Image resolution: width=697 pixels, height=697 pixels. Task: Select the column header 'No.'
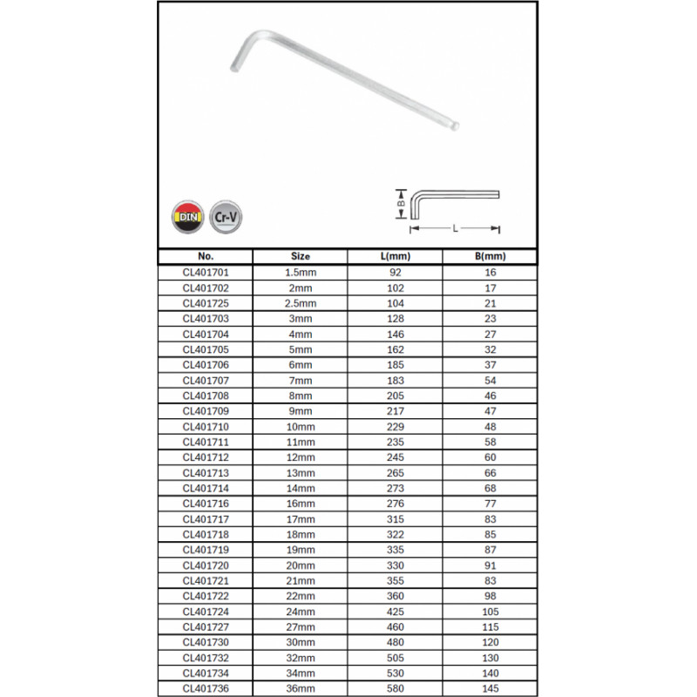pyautogui.click(x=206, y=257)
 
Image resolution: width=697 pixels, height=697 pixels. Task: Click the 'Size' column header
pyautogui.click(x=300, y=257)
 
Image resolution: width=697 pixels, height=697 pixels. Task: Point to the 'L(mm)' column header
pyautogui.click(x=396, y=257)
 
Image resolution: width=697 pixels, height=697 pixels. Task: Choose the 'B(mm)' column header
pyautogui.click(x=491, y=257)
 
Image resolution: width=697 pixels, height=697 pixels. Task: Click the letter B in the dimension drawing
pyautogui.click(x=401, y=204)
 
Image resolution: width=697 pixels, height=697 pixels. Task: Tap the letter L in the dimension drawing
pyautogui.click(x=455, y=228)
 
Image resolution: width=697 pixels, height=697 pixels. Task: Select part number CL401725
pyautogui.click(x=206, y=302)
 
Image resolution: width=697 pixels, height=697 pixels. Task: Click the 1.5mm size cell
pyautogui.click(x=300, y=272)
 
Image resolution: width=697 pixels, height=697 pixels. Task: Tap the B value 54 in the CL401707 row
pyautogui.click(x=491, y=380)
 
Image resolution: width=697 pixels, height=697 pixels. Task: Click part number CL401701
pyautogui.click(x=206, y=272)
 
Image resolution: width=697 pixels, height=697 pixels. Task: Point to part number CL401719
pyautogui.click(x=206, y=550)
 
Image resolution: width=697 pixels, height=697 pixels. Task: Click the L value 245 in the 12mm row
pyautogui.click(x=396, y=457)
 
